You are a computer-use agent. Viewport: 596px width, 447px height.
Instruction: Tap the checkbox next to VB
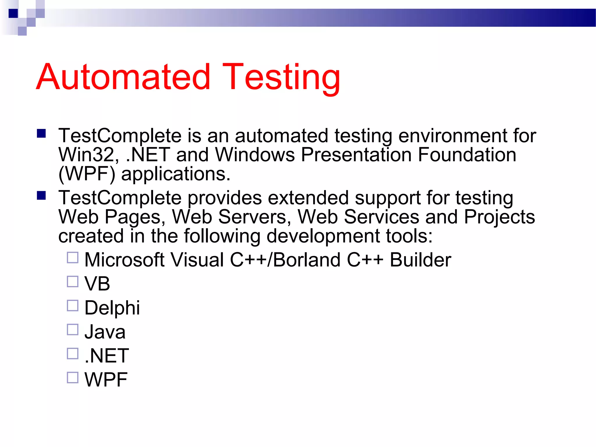pos(72,282)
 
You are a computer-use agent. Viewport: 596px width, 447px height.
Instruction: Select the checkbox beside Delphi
pos(72,306)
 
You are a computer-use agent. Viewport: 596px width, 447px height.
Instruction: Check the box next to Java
pos(72,330)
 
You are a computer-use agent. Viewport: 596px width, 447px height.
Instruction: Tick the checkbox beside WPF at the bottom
pos(72,377)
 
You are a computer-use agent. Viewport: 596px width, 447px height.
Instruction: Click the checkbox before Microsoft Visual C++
pos(72,258)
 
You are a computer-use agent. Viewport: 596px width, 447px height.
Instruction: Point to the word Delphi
pos(112,308)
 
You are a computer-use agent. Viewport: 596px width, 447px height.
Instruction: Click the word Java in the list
pos(105,332)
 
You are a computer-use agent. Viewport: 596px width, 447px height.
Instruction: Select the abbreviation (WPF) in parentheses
pos(87,174)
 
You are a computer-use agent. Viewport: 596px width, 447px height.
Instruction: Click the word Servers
pos(254,217)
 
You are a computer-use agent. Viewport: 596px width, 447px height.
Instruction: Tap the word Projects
pos(499,217)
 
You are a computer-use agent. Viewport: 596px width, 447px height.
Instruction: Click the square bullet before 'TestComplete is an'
pos(41,134)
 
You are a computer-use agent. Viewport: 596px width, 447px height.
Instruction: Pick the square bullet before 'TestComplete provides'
pos(41,196)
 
